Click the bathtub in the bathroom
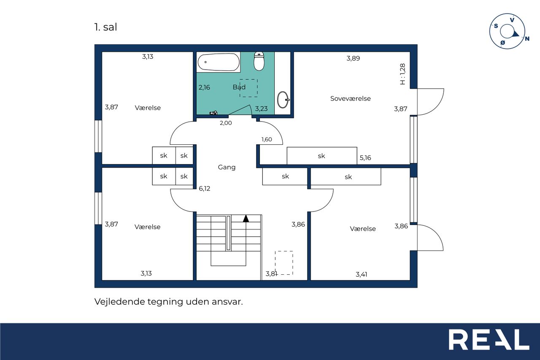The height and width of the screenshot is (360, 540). [219, 62]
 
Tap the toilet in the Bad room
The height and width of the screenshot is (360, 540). [259, 61]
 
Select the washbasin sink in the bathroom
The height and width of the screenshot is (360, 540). [283, 99]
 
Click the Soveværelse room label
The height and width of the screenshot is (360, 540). [350, 98]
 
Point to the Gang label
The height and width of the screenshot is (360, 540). [227, 167]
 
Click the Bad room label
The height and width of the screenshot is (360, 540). [239, 87]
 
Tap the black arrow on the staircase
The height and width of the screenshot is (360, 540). [246, 219]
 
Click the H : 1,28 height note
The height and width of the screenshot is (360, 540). [402, 74]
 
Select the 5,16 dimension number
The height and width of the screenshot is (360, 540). [365, 158]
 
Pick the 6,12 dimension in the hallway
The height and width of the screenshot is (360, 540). [205, 188]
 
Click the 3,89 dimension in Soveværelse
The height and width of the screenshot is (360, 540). [353, 58]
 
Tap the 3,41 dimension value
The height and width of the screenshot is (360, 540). [362, 274]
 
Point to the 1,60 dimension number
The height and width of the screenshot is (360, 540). [267, 139]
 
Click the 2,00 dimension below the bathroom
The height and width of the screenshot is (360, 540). [226, 123]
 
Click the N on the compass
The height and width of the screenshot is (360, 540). [527, 38]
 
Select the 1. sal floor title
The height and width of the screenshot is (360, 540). [105, 27]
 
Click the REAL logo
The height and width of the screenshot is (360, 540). [489, 339]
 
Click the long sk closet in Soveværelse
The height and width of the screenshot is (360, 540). [322, 156]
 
